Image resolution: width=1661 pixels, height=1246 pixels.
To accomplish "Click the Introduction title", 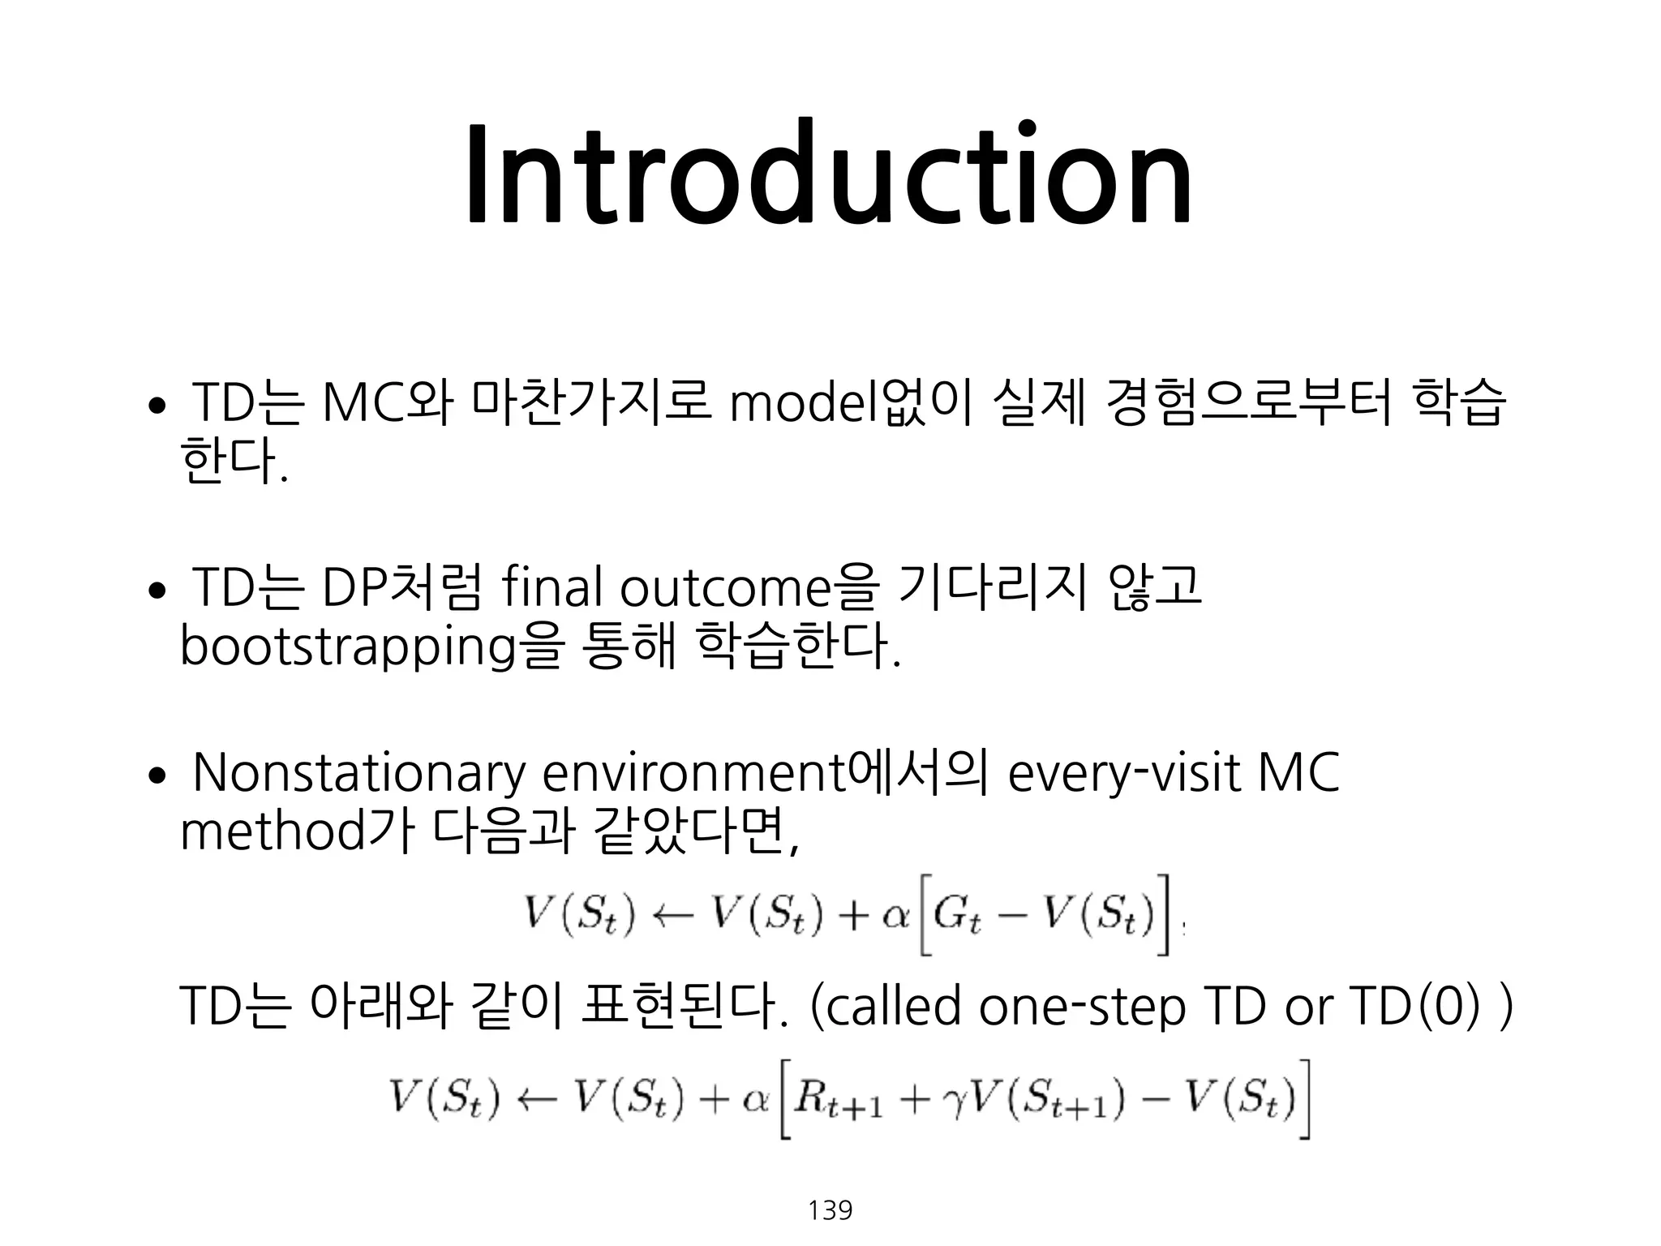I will pyautogui.click(x=829, y=174).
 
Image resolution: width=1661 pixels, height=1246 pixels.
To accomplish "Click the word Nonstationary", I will pyautogui.click(x=358, y=774).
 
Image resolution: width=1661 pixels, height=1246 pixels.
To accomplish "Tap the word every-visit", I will pyautogui.click(x=1123, y=774).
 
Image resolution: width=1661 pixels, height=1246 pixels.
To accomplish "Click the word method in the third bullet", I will pyautogui.click(x=274, y=832).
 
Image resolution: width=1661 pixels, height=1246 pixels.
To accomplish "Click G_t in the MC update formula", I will pyautogui.click(x=958, y=917).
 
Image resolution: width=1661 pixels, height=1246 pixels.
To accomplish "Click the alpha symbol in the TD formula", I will pyautogui.click(x=755, y=1099).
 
